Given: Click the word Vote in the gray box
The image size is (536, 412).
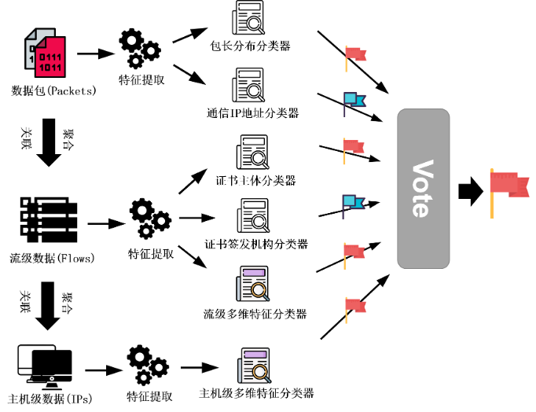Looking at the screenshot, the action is click(423, 189).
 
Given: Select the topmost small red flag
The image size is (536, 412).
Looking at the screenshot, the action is click(355, 55).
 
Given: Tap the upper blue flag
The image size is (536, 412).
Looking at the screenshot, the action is click(353, 101).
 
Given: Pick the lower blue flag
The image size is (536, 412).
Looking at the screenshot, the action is click(352, 203).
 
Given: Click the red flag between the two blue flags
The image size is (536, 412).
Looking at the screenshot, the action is click(353, 148).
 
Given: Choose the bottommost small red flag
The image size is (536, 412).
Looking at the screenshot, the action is click(355, 307).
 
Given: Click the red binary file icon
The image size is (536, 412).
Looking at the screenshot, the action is click(50, 58).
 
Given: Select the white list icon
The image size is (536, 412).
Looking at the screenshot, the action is click(44, 215).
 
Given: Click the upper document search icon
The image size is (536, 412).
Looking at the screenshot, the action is click(254, 284).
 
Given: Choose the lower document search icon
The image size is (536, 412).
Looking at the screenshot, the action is click(255, 366).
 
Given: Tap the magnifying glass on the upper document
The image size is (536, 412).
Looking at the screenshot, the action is click(259, 290).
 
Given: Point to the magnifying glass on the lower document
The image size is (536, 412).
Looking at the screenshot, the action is click(259, 372).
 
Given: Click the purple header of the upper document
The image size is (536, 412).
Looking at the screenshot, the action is click(254, 273).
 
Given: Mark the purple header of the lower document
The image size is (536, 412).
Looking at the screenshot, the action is click(255, 355).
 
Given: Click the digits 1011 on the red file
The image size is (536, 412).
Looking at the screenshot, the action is click(50, 68).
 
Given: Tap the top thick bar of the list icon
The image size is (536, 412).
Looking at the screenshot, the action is click(44, 194).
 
